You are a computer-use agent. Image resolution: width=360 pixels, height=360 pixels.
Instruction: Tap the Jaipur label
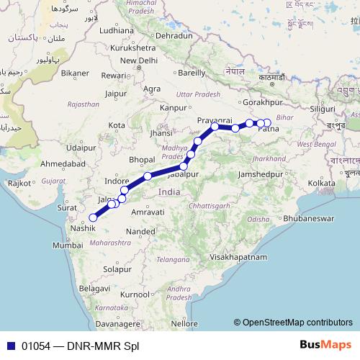click(115, 93)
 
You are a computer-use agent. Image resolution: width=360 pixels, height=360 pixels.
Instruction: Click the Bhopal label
click(142, 158)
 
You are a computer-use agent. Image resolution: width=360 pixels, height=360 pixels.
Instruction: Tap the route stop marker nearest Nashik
click(93, 217)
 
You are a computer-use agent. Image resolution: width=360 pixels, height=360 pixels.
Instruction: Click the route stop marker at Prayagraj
click(215, 127)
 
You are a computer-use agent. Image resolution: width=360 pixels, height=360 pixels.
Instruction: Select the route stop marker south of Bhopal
click(148, 176)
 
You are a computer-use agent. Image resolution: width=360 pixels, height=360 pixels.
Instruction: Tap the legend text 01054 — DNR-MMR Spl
click(71, 346)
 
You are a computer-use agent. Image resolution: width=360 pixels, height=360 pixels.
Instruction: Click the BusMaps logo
click(326, 346)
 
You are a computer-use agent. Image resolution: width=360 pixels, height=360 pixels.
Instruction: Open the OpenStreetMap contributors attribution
click(292, 322)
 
